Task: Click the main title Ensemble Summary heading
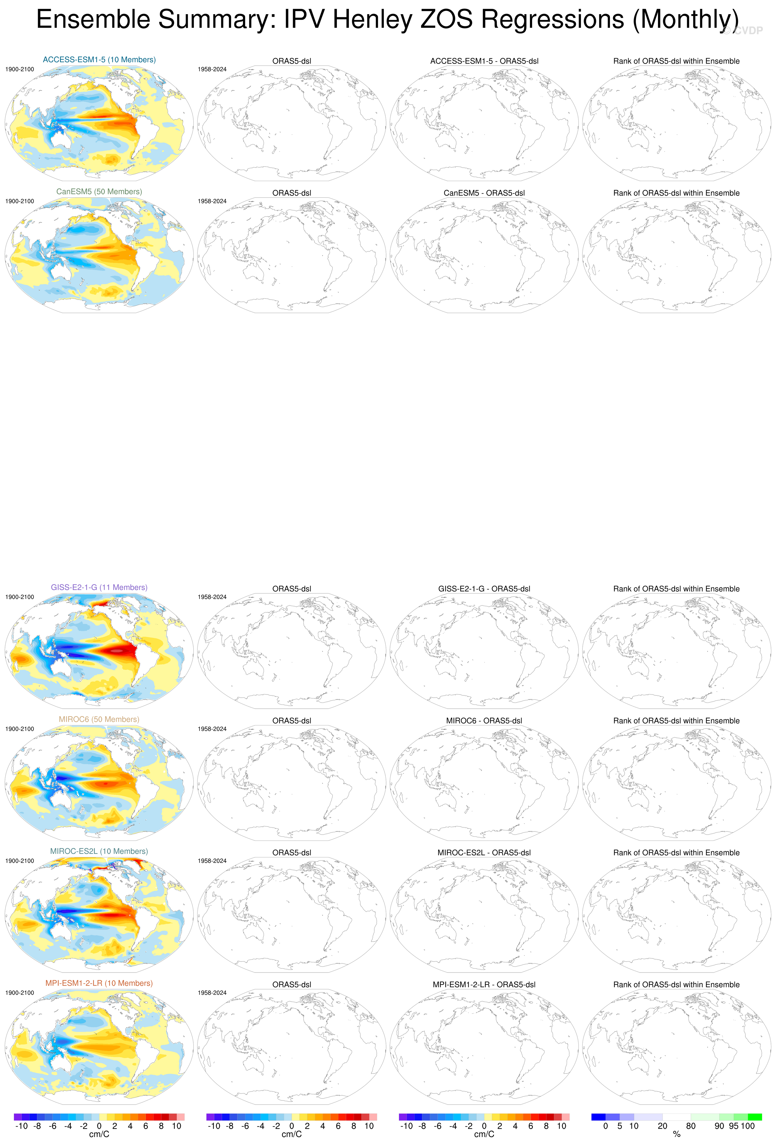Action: pos(387,20)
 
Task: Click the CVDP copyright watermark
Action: pos(742,31)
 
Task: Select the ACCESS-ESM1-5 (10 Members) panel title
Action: pos(99,60)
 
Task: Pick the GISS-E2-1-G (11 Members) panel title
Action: pos(99,587)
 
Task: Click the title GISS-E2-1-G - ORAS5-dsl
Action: pos(484,589)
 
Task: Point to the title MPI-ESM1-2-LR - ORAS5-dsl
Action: pos(484,984)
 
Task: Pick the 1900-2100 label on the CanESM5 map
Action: pos(20,201)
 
